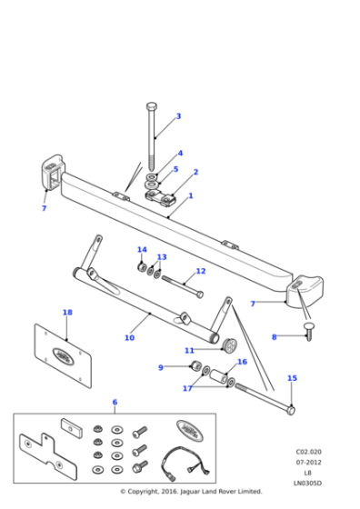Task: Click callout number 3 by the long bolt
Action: tap(178, 116)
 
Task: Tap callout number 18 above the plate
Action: tap(67, 313)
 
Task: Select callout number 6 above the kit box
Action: tap(115, 402)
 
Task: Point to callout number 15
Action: tap(292, 378)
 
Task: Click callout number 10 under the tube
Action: tap(129, 338)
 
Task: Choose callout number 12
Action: tap(200, 271)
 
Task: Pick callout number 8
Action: tap(274, 337)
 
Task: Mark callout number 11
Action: tap(189, 350)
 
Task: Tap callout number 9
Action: tap(161, 367)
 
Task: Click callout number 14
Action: tap(142, 250)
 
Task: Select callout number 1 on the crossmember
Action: tap(190, 195)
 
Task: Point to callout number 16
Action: tap(242, 362)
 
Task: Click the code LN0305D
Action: tap(308, 484)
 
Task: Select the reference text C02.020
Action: tap(308, 451)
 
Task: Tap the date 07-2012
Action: tap(308, 462)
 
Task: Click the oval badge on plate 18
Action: tap(65, 354)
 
